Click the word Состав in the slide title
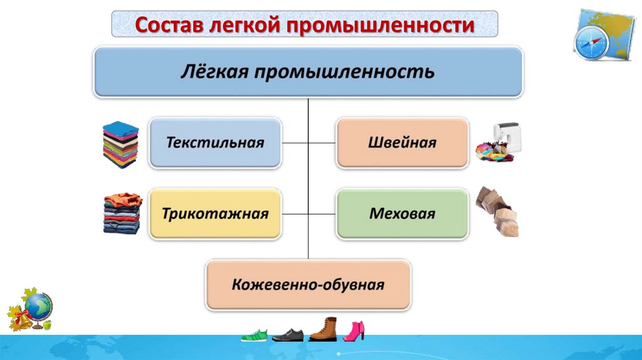point(164,26)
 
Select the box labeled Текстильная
point(215,142)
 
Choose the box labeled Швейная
point(402,142)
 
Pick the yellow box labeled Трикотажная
point(215,214)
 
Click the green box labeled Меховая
point(402,214)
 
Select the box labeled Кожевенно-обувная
point(308,285)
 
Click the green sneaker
point(254,335)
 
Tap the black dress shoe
point(287,335)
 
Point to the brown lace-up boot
point(323,330)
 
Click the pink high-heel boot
point(354,331)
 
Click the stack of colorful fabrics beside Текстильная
point(120,145)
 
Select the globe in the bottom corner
point(39,307)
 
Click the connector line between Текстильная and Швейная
point(308,143)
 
